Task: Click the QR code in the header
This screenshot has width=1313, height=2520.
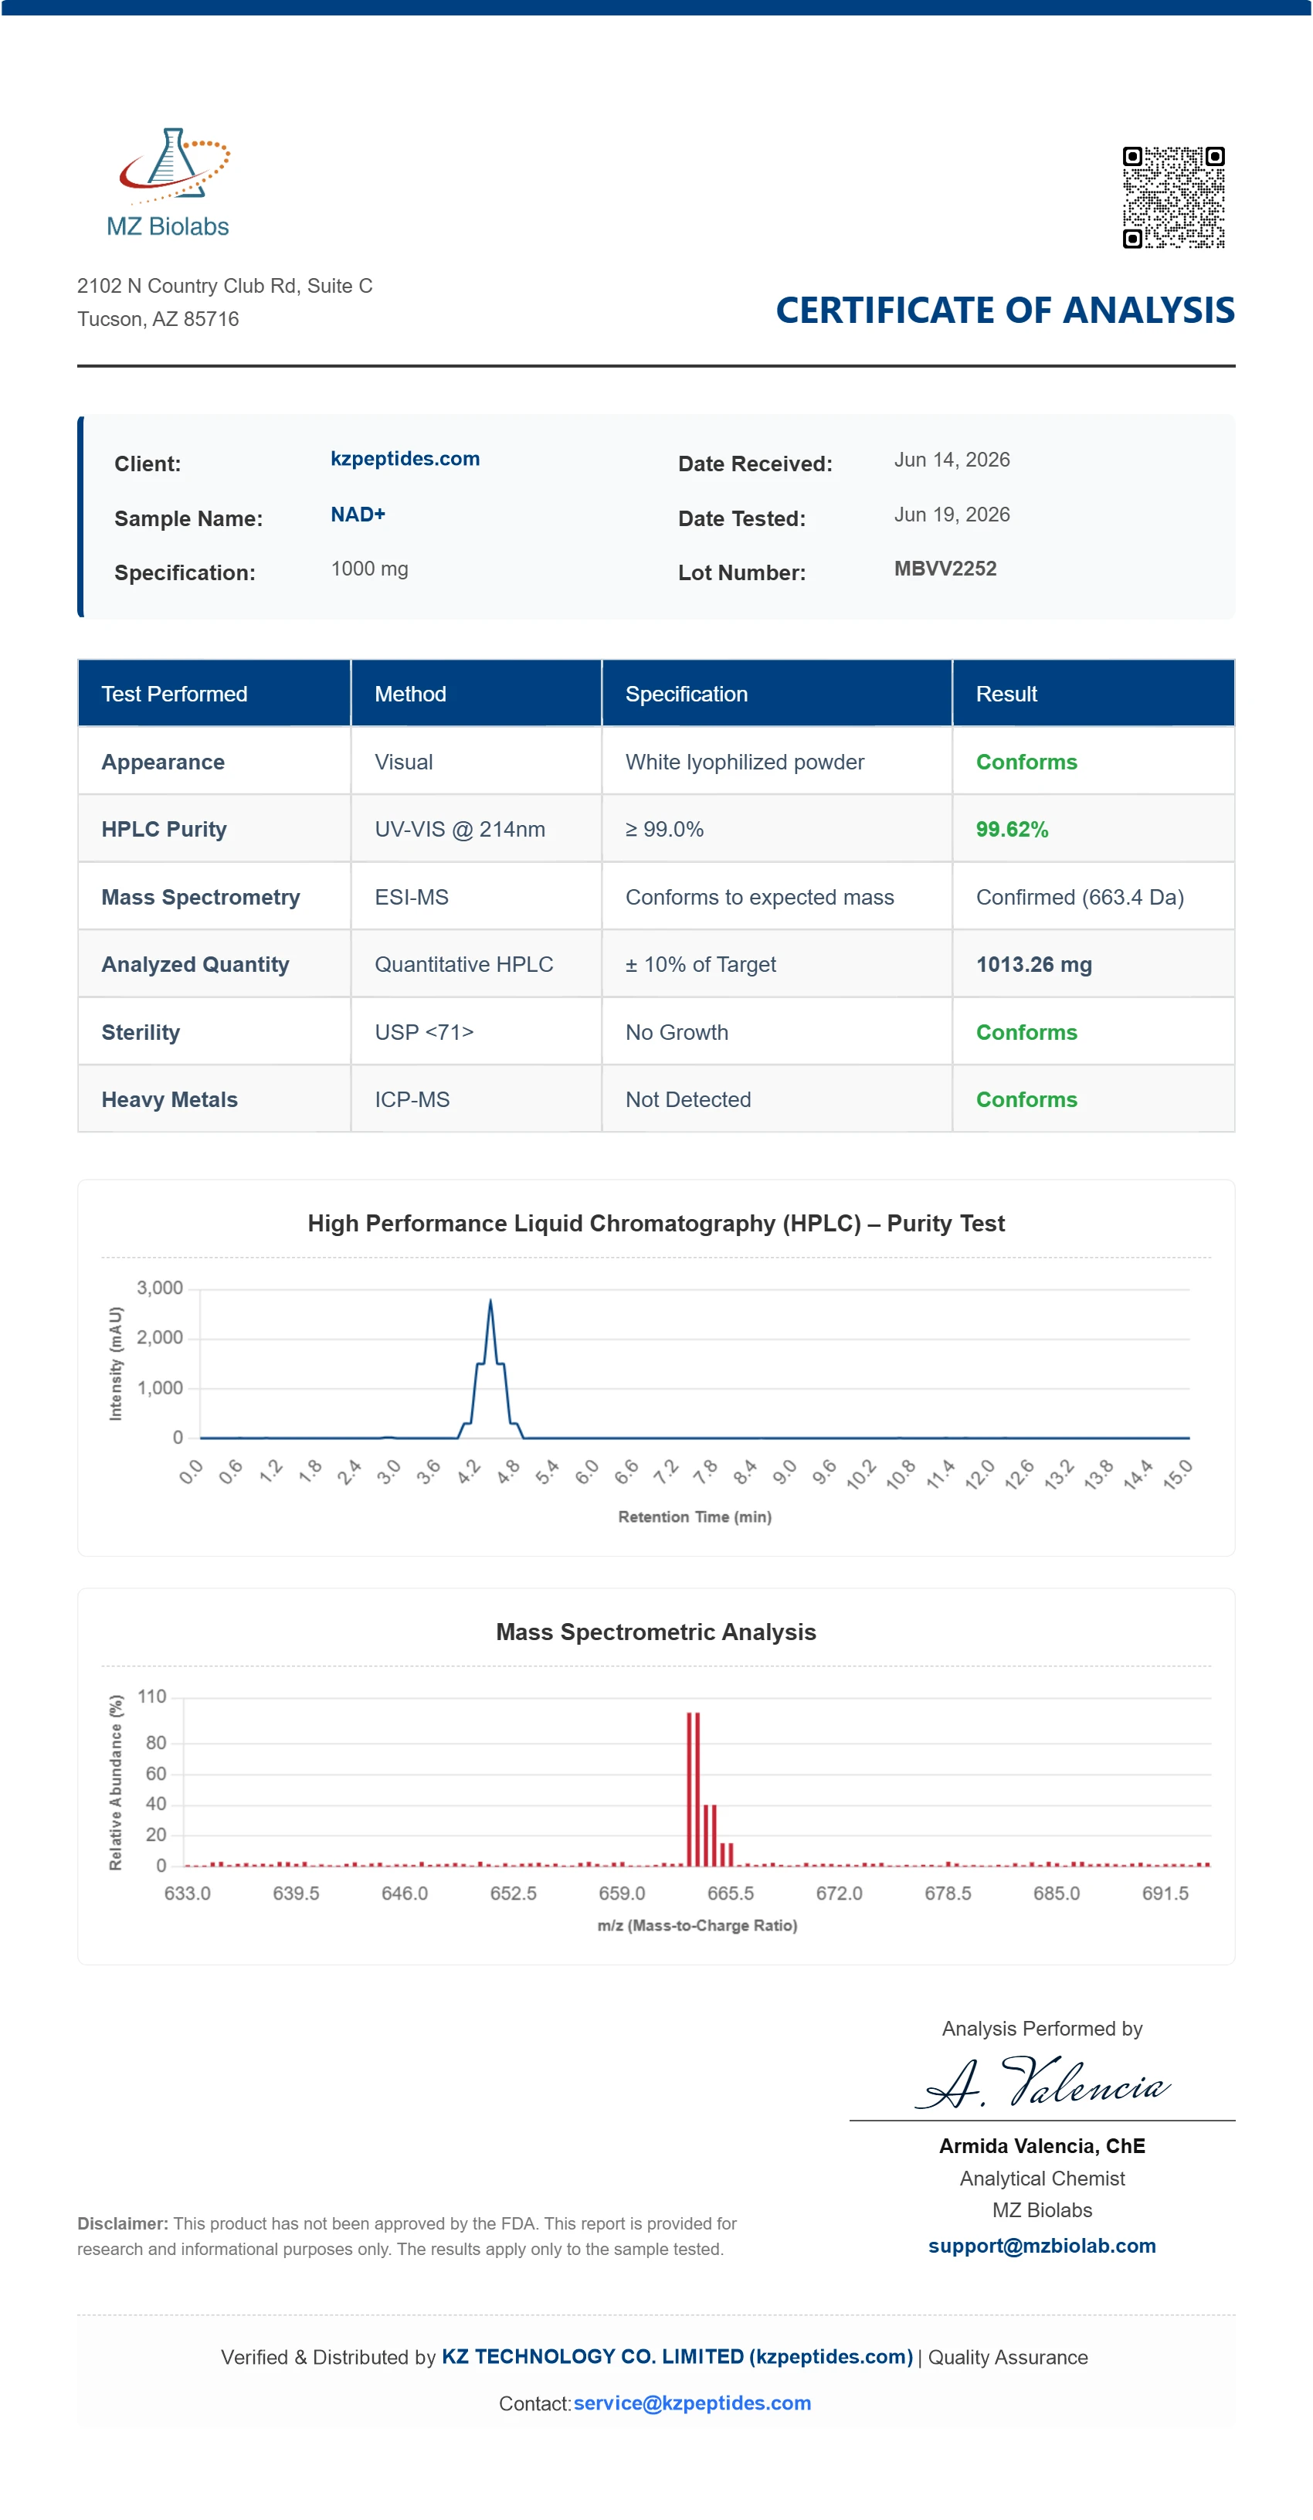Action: point(1173,198)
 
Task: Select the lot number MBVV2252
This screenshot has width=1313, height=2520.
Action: point(945,569)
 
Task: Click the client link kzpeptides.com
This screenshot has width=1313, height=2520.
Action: point(405,459)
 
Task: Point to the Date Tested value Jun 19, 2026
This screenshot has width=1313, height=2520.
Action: point(952,515)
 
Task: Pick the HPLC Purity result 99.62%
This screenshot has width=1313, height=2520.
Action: point(1012,830)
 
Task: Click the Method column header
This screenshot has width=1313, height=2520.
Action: point(410,694)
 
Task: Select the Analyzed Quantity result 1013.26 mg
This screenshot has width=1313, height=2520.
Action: point(1034,965)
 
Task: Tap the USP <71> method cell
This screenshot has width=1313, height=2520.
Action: point(424,1032)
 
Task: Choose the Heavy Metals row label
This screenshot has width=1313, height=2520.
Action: point(169,1099)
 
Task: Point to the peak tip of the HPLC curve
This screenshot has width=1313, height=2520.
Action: point(490,1300)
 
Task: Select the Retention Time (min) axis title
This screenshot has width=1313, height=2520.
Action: point(694,1516)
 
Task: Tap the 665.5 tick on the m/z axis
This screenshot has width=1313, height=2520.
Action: point(730,1893)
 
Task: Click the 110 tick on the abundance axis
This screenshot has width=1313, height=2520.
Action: point(151,1696)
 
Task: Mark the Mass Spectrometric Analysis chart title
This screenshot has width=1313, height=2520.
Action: point(656,1632)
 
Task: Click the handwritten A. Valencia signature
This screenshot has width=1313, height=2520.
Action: point(1042,2082)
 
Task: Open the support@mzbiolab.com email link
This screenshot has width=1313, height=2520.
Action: point(1042,2245)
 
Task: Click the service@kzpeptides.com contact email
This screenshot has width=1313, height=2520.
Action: point(692,2403)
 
